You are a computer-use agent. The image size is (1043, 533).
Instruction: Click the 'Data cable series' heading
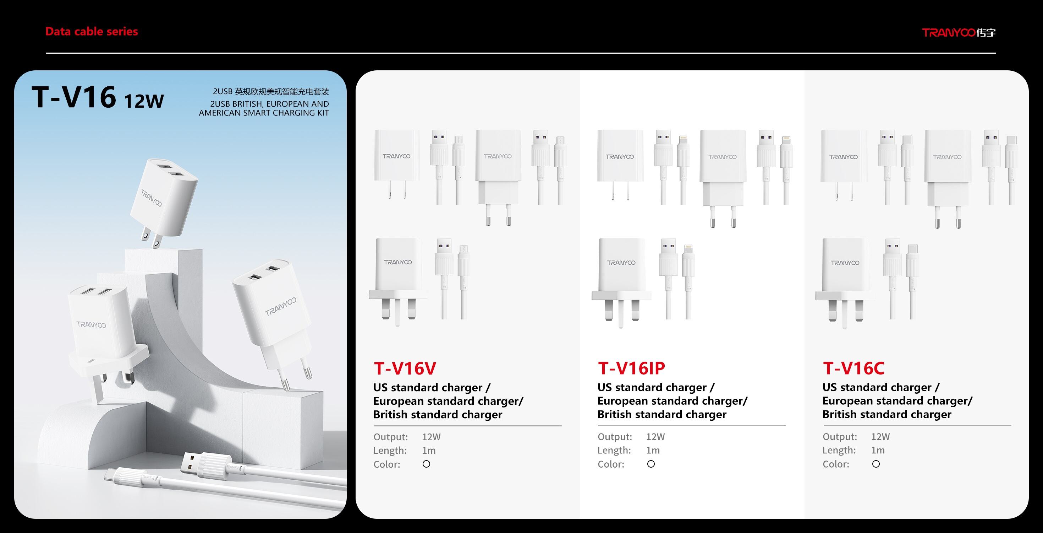[x=92, y=32]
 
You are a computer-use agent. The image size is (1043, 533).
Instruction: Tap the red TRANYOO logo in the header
[x=959, y=33]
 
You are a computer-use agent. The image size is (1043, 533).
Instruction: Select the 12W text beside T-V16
[x=144, y=101]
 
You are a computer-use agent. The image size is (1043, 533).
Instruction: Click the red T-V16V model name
[x=405, y=368]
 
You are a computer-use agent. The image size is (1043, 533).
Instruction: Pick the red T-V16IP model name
[x=632, y=368]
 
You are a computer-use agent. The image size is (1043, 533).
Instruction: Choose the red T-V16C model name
[x=853, y=368]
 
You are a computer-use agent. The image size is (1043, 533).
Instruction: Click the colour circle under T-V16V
[x=426, y=464]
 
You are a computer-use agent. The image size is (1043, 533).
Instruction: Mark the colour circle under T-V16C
[x=876, y=464]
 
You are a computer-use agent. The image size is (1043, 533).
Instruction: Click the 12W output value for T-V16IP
[x=655, y=437]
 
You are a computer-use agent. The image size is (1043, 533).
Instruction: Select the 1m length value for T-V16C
[x=878, y=450]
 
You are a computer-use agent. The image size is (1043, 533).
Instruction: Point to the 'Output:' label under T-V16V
[x=391, y=437]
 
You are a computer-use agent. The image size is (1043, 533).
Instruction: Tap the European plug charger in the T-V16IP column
[x=723, y=178]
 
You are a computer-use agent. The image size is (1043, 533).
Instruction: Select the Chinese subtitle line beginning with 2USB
[x=271, y=92]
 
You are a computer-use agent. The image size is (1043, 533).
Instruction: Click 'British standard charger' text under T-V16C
[x=887, y=414]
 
